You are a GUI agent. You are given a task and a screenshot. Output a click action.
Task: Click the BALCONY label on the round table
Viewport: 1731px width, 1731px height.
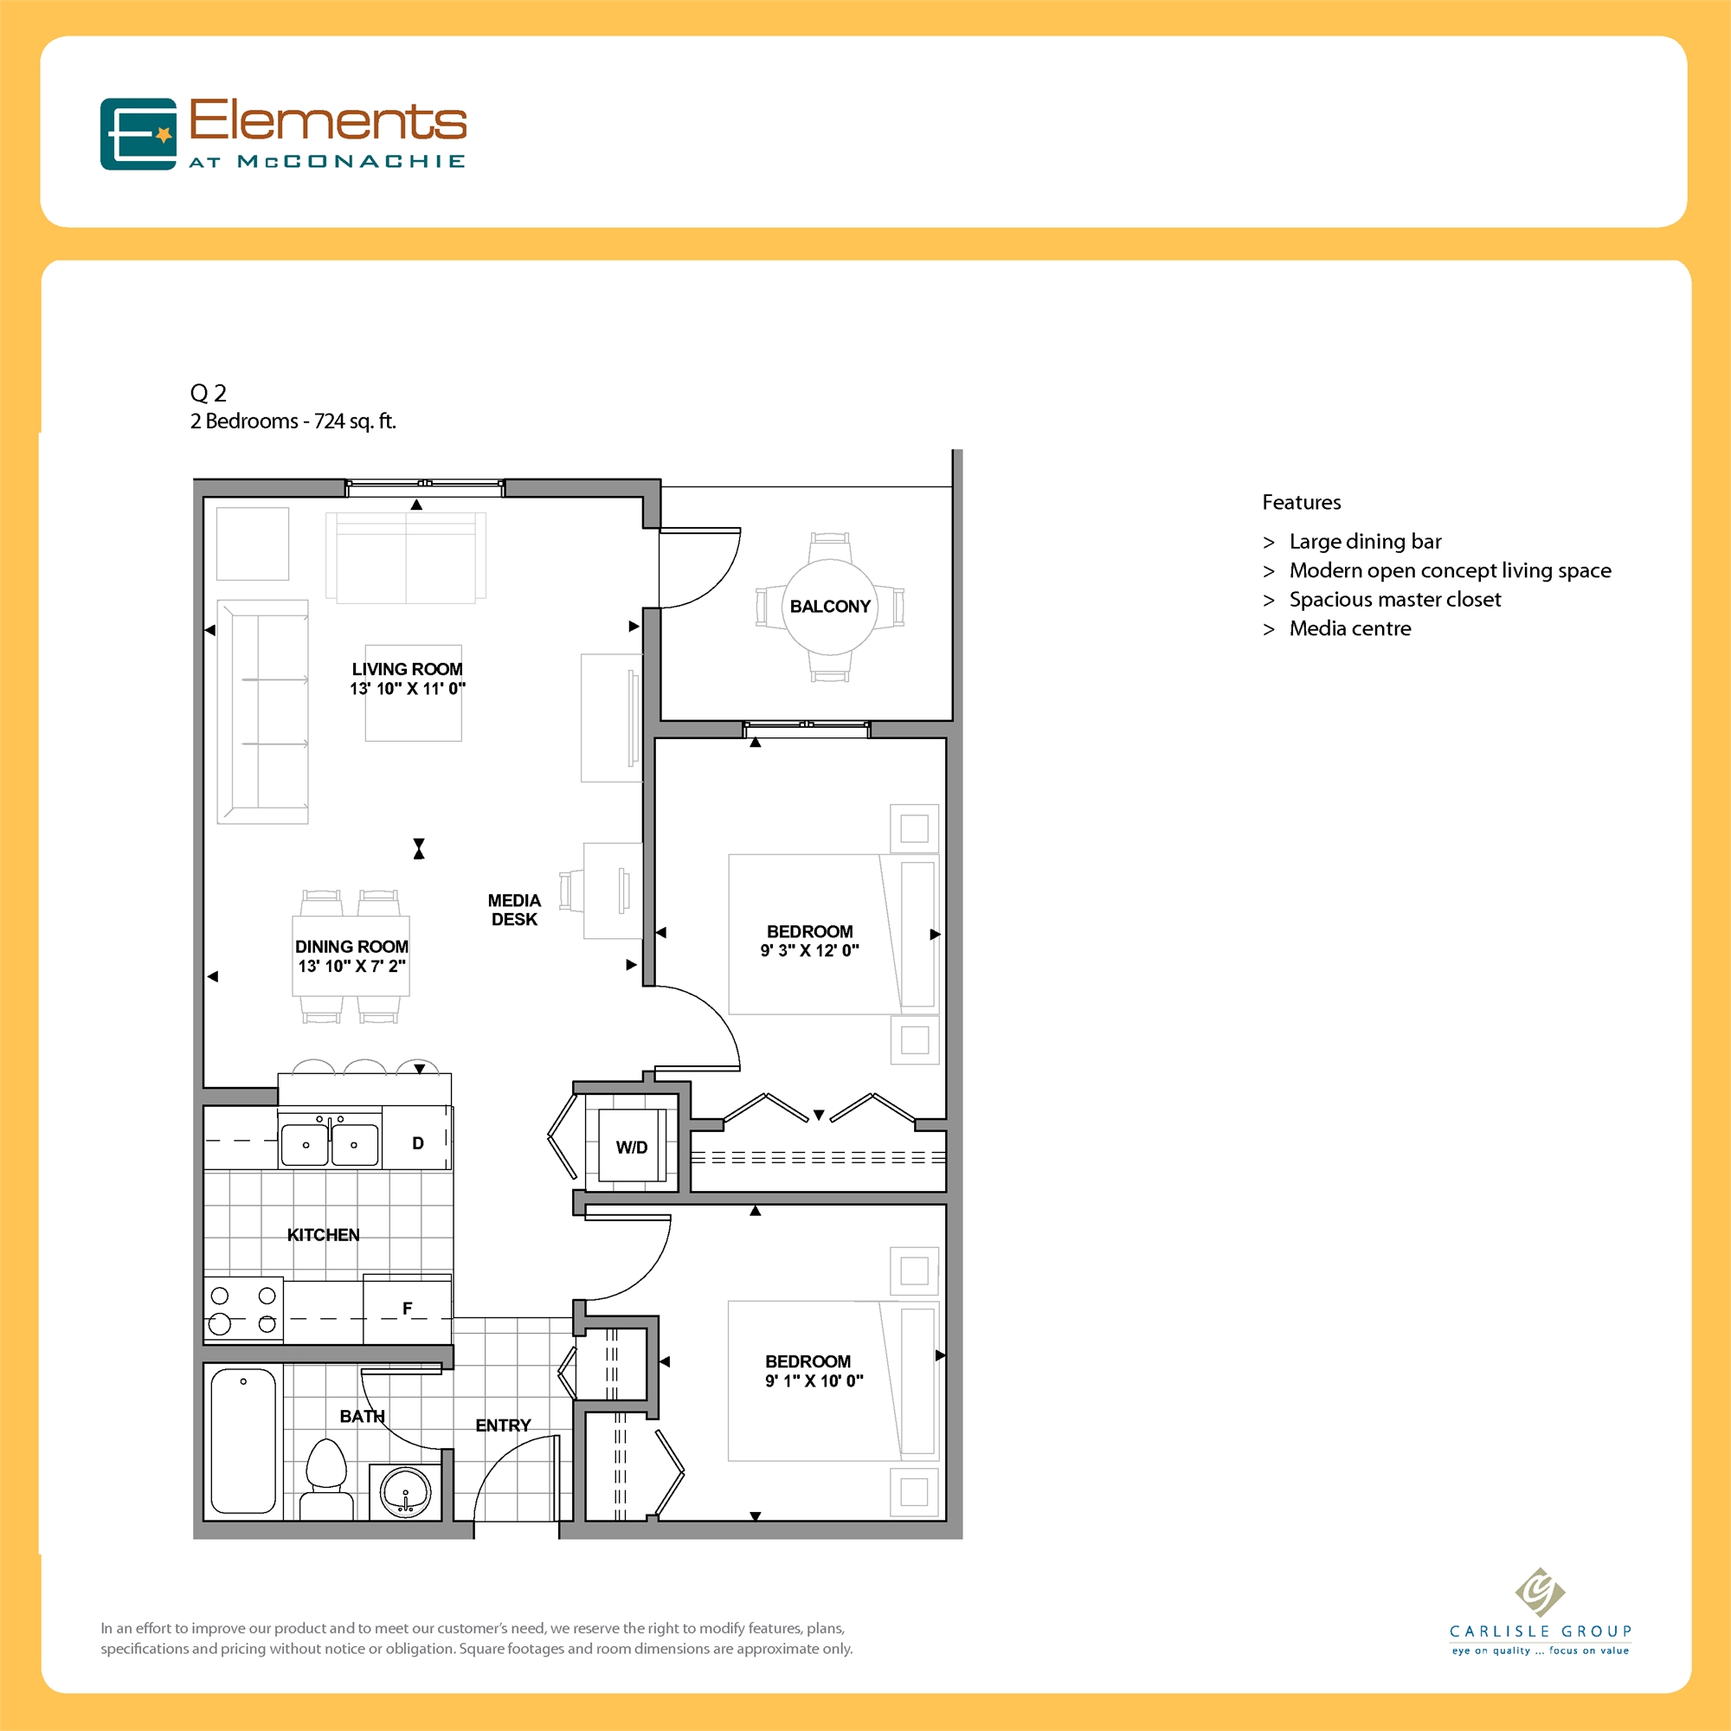click(830, 607)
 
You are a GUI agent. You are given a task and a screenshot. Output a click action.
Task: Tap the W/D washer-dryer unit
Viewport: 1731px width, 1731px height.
click(632, 1147)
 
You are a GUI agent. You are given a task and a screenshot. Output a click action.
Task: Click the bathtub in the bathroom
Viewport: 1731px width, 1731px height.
click(243, 1441)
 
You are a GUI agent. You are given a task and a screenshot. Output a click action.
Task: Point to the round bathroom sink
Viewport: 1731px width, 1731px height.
click(406, 1493)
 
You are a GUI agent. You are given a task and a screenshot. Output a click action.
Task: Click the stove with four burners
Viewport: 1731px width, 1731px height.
click(243, 1309)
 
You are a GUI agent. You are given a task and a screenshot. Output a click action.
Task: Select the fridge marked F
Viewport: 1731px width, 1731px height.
click(408, 1309)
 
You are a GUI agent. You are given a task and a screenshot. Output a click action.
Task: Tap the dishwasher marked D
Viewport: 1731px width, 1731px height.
click(417, 1143)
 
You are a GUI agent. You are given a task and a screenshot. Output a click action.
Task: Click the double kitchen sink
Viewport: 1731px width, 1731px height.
click(330, 1143)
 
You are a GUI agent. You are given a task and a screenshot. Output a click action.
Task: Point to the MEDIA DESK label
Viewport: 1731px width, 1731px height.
click(514, 910)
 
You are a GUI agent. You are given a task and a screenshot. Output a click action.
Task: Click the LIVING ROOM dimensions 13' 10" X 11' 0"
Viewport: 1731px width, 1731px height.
click(408, 688)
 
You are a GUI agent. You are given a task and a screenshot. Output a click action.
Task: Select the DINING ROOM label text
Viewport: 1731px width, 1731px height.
click(351, 946)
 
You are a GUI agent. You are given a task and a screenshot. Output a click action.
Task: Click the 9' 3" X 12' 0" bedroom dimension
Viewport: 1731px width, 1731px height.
click(809, 950)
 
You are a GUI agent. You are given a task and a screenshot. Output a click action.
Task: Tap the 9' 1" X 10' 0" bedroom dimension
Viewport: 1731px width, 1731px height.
click(814, 1380)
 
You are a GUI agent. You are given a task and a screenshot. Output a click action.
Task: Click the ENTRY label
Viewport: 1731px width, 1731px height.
click(503, 1425)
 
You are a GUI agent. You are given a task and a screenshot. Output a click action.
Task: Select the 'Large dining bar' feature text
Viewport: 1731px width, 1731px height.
click(1365, 541)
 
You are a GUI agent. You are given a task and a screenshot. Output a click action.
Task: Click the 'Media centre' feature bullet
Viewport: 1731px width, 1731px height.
click(1349, 628)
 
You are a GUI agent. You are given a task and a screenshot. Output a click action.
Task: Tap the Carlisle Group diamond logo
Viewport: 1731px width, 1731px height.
click(1539, 1593)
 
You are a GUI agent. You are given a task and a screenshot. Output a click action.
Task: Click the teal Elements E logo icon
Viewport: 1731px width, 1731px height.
click(138, 134)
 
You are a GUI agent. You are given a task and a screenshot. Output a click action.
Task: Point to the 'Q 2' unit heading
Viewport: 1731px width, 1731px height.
click(208, 392)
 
